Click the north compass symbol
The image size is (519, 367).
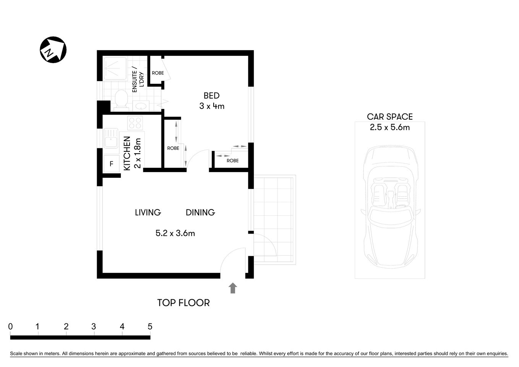(x=53, y=50)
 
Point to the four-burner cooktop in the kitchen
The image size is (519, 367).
(x=135, y=123)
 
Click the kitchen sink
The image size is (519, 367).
(x=111, y=138)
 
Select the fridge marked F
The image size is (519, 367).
(x=112, y=164)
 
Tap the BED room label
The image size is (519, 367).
(x=211, y=96)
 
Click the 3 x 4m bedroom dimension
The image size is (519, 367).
(x=212, y=106)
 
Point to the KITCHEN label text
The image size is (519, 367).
(x=127, y=153)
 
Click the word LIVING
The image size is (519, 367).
(x=148, y=212)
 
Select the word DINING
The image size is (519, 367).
(x=200, y=212)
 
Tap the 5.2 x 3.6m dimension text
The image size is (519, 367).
(x=175, y=233)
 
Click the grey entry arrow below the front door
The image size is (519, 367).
(x=232, y=288)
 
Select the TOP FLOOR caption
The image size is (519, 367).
(x=183, y=303)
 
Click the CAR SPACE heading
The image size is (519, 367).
(x=389, y=117)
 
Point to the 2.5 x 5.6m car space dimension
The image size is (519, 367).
(x=389, y=127)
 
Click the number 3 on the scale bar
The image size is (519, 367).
(x=94, y=326)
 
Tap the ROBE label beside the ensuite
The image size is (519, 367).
(x=158, y=73)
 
